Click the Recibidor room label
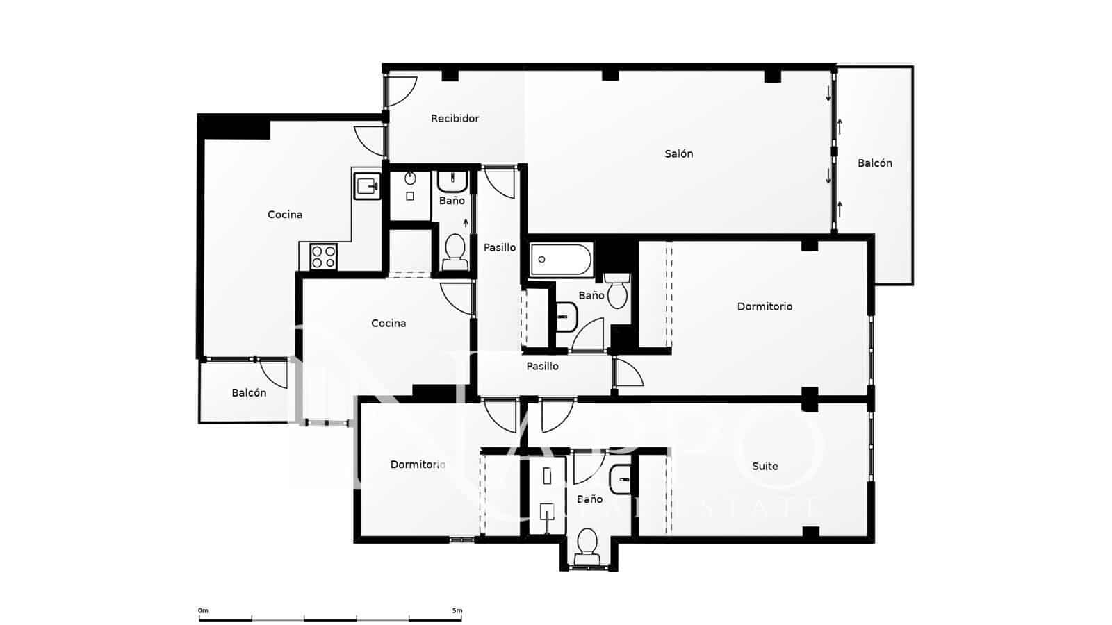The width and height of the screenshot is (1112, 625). pos(455,119)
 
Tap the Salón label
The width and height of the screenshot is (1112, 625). pos(678,154)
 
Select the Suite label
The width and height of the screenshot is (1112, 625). pos(764,467)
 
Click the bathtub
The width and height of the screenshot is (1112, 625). pos(561,260)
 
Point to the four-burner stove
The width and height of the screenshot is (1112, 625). pos(323,256)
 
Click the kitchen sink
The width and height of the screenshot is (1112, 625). pos(366,185)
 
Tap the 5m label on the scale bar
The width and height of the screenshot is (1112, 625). pos(457,611)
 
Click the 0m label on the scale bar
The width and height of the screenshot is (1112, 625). pos(203,611)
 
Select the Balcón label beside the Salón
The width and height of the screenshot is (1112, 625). pos(874,163)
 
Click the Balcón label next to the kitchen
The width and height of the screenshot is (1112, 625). pos(249,393)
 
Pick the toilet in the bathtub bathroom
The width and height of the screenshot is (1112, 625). pos(616,291)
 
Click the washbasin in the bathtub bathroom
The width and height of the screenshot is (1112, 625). pos(566,317)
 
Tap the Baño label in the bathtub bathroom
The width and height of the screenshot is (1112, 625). pos(591,296)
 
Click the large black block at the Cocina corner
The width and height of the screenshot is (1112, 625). pos(234,127)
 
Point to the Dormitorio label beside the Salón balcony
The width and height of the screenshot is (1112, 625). pos(764,306)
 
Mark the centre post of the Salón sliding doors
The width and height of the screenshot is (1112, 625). pos(834,151)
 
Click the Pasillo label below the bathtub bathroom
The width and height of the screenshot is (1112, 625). pos(542,367)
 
